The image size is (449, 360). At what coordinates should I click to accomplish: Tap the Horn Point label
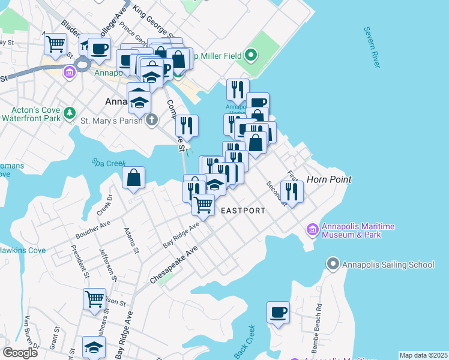point(328,179)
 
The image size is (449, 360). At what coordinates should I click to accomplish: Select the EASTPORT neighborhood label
point(243,211)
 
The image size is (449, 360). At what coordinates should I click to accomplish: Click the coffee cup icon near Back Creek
point(279,313)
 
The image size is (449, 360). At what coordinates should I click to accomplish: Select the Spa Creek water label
point(106,163)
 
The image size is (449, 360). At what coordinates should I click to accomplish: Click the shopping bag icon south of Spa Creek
point(133,178)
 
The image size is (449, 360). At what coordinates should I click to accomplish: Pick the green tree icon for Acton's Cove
point(70,112)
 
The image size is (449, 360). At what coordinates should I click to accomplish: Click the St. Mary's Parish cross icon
point(152,119)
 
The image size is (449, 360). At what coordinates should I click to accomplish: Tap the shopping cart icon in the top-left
point(55,44)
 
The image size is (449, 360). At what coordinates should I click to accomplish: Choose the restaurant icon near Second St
point(292,191)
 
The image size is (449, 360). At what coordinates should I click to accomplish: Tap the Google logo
point(20,353)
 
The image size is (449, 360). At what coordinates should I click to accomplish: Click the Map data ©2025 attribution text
point(423,355)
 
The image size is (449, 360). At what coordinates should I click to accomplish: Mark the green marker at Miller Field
point(252,56)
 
